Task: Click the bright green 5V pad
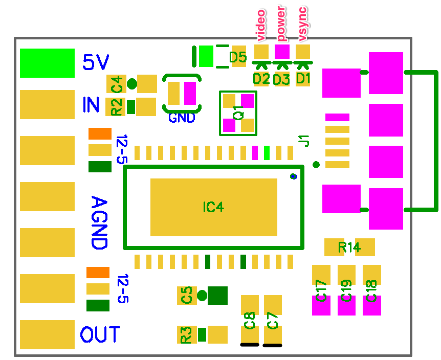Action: [x=47, y=63]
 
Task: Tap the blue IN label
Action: [x=91, y=104]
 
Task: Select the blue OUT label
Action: [x=100, y=334]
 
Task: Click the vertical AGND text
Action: [x=99, y=222]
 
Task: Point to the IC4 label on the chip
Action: [x=213, y=207]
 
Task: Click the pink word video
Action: [x=261, y=25]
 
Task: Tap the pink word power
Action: [x=281, y=24]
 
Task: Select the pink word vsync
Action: [x=302, y=25]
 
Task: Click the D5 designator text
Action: [x=238, y=57]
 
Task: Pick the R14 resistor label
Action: [x=349, y=247]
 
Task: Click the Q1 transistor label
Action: [x=238, y=113]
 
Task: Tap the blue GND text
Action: [x=182, y=118]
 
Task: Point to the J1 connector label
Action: [x=304, y=141]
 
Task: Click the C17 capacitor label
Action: [x=321, y=290]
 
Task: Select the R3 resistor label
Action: [x=186, y=335]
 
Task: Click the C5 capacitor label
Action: [x=187, y=295]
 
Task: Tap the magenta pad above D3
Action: [x=282, y=52]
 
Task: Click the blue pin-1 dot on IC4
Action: [x=294, y=176]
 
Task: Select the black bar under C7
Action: [x=272, y=345]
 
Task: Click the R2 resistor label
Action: [x=117, y=107]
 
